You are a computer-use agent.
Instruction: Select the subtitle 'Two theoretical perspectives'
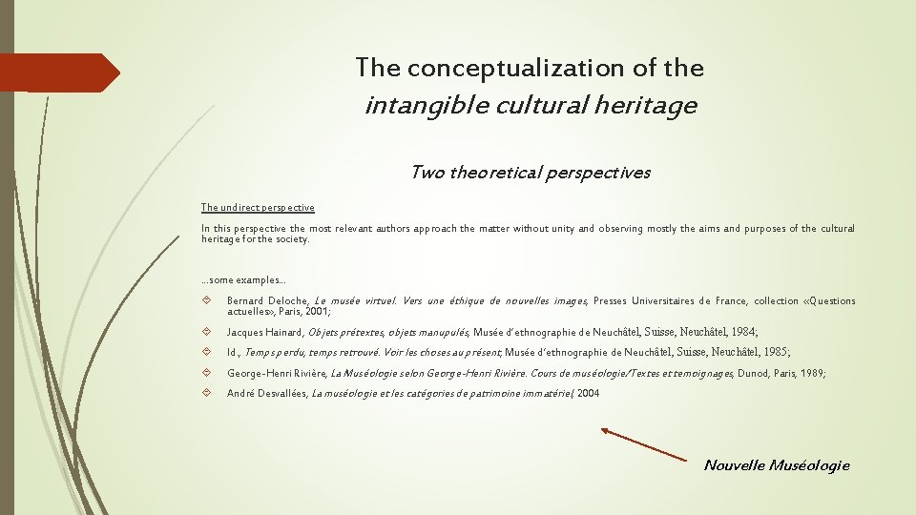(x=530, y=173)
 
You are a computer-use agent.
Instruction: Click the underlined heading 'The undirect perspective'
(x=258, y=207)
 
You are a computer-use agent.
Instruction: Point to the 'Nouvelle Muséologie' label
(x=776, y=465)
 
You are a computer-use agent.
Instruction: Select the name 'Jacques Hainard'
(x=263, y=333)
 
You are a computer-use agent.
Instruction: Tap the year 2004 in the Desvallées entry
(x=588, y=394)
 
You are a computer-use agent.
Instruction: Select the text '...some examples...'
(x=243, y=279)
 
